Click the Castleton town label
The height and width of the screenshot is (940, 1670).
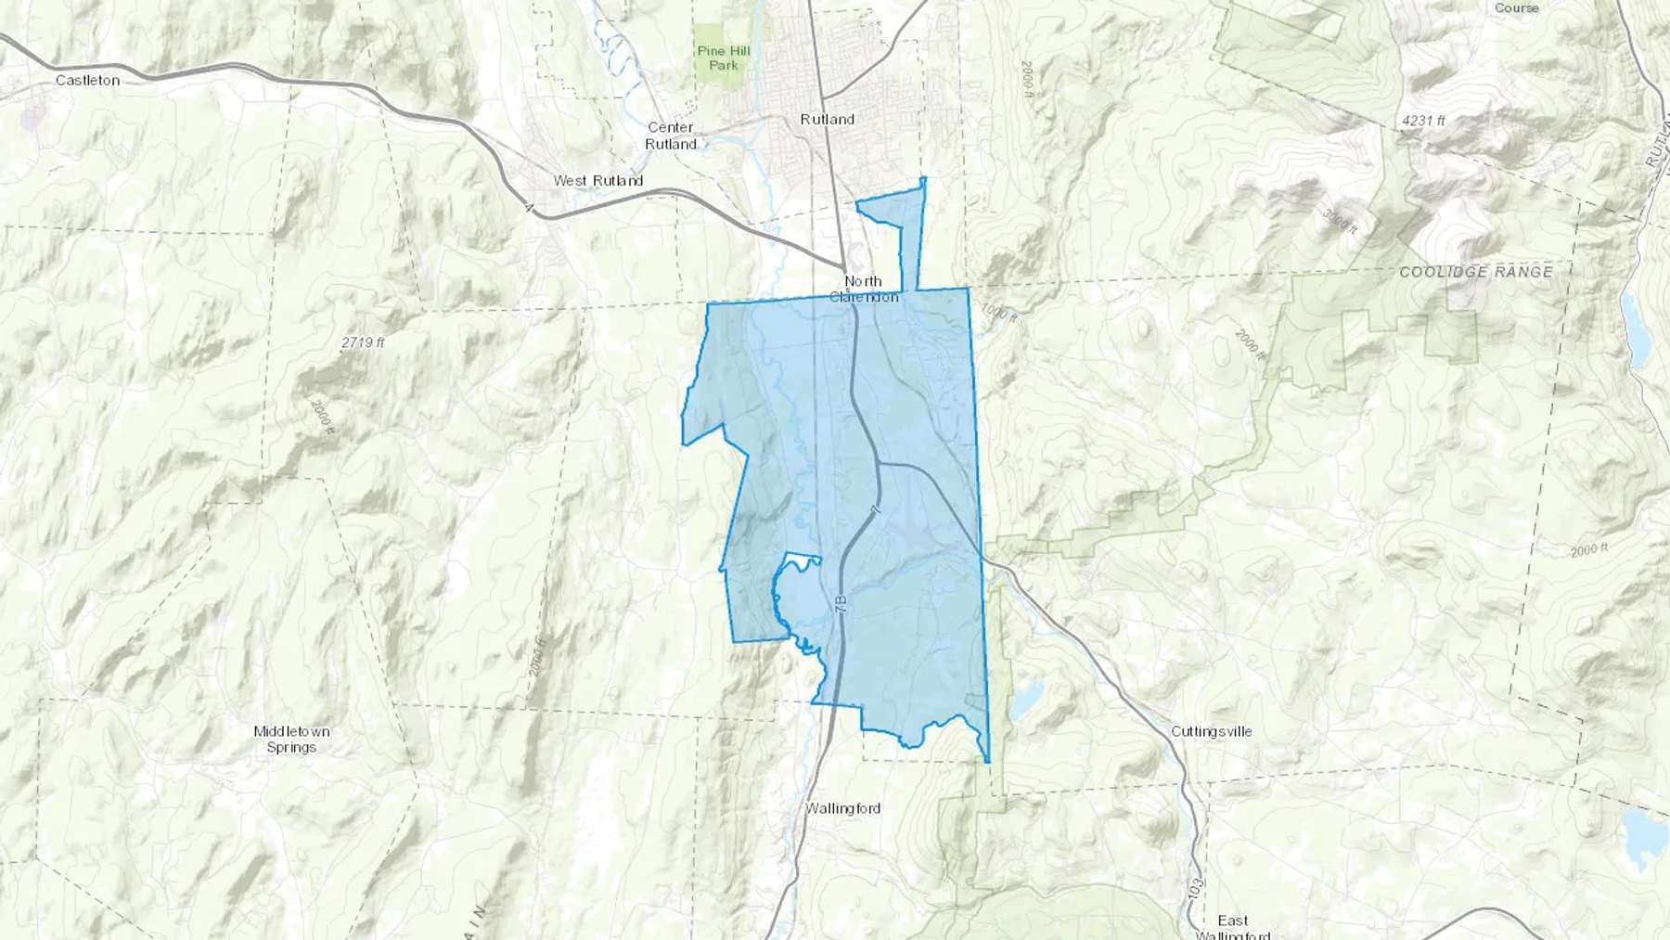click(x=87, y=81)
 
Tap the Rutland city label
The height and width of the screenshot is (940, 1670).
click(x=827, y=120)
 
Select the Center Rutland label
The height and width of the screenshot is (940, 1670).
click(x=670, y=135)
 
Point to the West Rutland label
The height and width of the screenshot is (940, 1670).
click(x=597, y=181)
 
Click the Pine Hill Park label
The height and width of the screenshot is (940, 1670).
click(x=723, y=58)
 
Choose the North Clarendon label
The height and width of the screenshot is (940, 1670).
click(x=863, y=289)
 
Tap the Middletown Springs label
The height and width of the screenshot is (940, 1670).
click(x=291, y=739)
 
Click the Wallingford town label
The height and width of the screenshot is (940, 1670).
click(x=842, y=808)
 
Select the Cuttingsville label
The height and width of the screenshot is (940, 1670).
click(x=1211, y=731)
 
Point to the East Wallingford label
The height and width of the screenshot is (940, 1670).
click(x=1232, y=926)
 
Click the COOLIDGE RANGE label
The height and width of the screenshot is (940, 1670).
click(x=1475, y=272)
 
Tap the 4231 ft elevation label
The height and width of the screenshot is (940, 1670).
click(x=1423, y=121)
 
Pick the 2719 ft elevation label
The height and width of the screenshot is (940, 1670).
click(x=363, y=342)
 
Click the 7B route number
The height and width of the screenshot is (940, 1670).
click(x=841, y=601)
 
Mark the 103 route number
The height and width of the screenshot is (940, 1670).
click(x=1196, y=891)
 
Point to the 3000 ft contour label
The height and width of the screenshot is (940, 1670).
click(x=1339, y=221)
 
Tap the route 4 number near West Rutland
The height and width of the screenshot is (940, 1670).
click(x=529, y=209)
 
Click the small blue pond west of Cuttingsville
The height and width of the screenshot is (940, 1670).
click(x=1025, y=702)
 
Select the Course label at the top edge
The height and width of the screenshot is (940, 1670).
click(x=1516, y=7)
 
